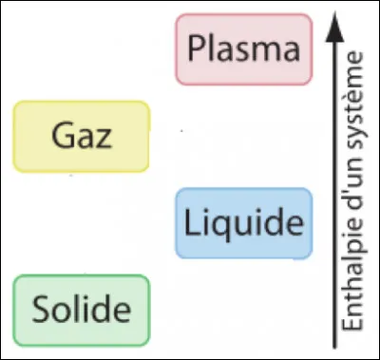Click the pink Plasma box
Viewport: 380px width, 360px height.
243,47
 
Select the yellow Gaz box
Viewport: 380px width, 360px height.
81,135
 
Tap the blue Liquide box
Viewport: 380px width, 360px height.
243,223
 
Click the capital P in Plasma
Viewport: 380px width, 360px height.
197,47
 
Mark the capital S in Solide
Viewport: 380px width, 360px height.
41,310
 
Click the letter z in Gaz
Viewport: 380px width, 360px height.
103,138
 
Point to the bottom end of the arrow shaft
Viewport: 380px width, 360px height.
332,338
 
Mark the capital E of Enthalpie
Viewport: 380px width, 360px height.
354,326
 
